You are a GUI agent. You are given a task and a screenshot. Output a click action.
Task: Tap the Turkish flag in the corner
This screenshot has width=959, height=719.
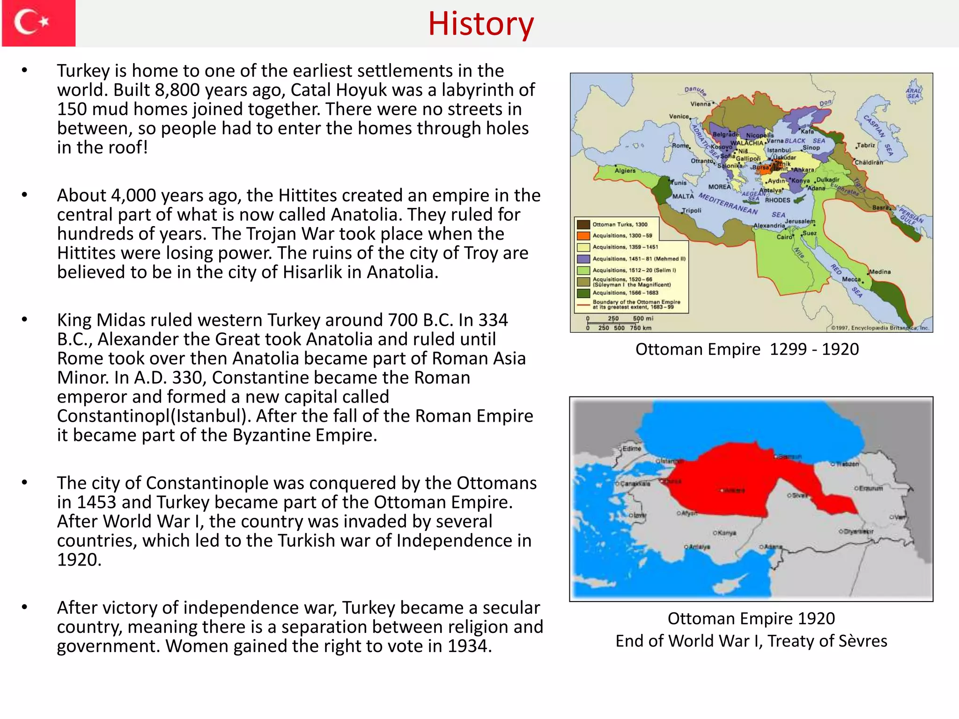point(38,23)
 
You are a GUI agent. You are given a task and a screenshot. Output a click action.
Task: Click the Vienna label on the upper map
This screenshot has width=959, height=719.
point(700,104)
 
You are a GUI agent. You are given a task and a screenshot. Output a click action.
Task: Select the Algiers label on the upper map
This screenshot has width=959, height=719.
point(625,171)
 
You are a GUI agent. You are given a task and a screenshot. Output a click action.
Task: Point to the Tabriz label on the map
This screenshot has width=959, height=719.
point(866,145)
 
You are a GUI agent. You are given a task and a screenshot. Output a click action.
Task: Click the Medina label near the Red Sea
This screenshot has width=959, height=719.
point(880,272)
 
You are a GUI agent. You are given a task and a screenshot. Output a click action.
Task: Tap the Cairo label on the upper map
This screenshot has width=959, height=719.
point(784,237)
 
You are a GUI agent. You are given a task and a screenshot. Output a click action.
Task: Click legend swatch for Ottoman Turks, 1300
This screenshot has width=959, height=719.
point(583,225)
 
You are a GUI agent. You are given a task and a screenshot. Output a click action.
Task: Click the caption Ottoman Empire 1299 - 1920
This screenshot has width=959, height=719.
point(747,349)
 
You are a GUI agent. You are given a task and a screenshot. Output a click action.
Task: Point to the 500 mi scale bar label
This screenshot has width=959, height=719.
point(642,318)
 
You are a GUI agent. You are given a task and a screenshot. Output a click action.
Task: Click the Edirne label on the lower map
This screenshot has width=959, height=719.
point(632,448)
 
